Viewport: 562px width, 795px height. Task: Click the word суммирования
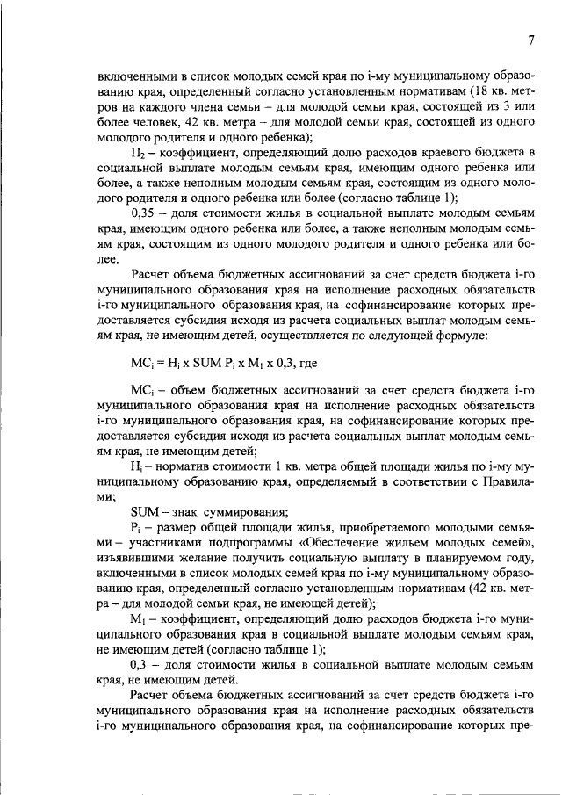point(241,513)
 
